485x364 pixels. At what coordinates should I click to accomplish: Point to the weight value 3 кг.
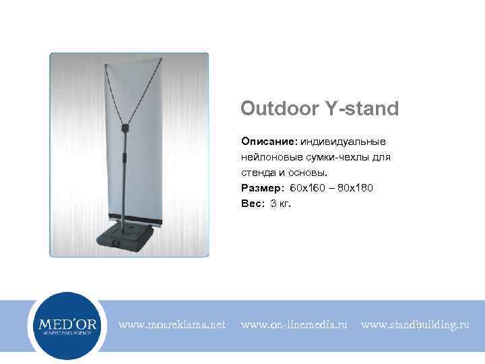tap(281, 203)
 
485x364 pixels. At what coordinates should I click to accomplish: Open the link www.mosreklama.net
tap(172, 325)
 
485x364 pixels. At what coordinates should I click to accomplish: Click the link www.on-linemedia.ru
tap(294, 325)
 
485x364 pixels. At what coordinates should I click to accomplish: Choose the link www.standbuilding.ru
tap(415, 325)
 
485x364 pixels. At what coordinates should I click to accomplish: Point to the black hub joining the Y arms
tap(125, 127)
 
